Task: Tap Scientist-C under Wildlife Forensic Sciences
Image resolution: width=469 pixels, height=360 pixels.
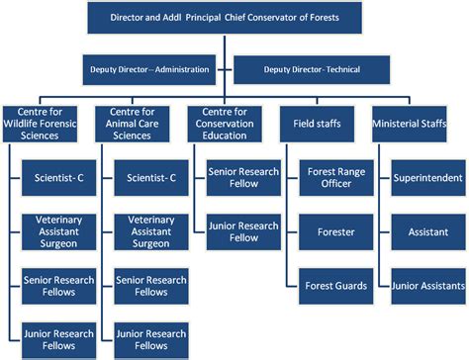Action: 58,178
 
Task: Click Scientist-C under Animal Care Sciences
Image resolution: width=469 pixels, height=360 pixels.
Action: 151,178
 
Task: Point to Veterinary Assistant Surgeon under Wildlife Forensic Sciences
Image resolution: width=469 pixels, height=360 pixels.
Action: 58,230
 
